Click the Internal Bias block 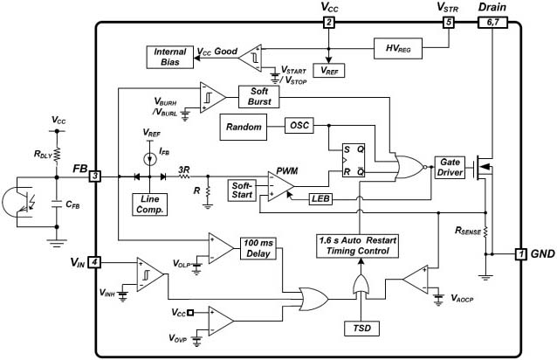click(x=169, y=57)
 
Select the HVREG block click(x=398, y=48)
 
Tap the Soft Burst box click(x=259, y=96)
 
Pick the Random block click(x=244, y=127)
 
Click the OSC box click(x=299, y=126)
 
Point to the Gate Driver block click(x=450, y=168)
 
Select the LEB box click(x=320, y=198)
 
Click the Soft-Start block click(x=242, y=190)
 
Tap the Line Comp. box click(x=149, y=204)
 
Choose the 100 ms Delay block click(x=258, y=248)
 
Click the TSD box click(x=361, y=328)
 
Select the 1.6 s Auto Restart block click(x=357, y=246)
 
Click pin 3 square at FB click(x=95, y=176)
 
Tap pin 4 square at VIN click(x=94, y=262)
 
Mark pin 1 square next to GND click(x=520, y=253)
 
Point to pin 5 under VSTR click(x=449, y=22)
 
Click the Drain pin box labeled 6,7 click(x=492, y=22)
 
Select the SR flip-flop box click(x=354, y=161)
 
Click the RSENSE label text click(x=468, y=231)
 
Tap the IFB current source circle click(x=149, y=159)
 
